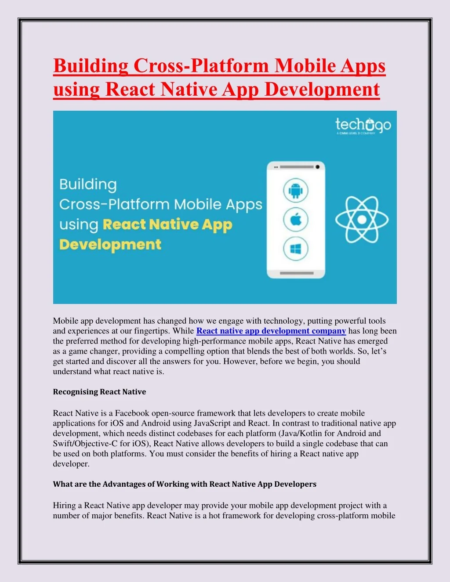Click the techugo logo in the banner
(363, 126)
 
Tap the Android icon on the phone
(295, 191)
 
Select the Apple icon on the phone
(295, 220)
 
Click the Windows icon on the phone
(295, 249)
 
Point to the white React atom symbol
(362, 219)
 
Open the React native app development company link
(271, 331)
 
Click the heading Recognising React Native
(99, 392)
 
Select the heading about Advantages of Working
(185, 484)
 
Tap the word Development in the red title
(322, 90)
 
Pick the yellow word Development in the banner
(110, 245)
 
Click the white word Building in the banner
(88, 184)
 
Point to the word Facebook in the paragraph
(132, 413)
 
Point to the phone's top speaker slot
(296, 167)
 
